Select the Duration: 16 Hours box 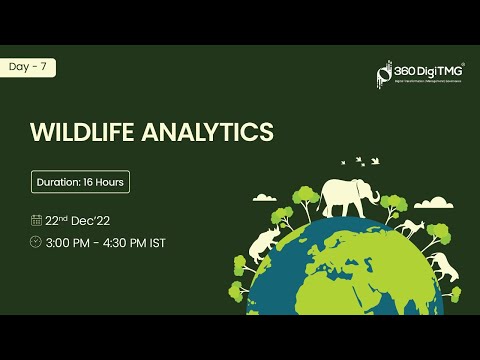pyautogui.click(x=81, y=183)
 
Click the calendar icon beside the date pyautogui.click(x=36, y=220)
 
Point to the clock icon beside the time pyautogui.click(x=36, y=242)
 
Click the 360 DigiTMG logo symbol pyautogui.click(x=383, y=74)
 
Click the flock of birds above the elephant pyautogui.click(x=360, y=159)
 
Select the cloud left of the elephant pyautogui.click(x=265, y=198)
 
